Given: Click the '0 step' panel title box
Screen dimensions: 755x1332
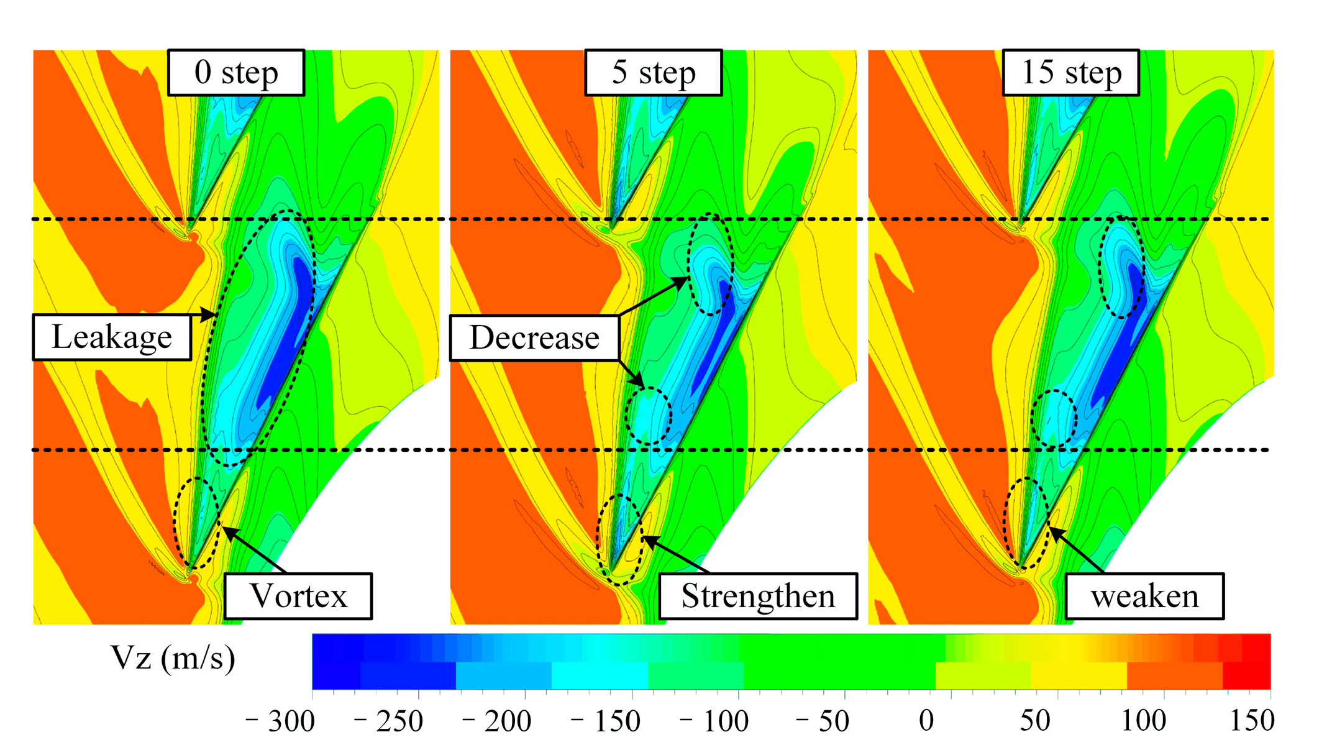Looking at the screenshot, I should tap(236, 73).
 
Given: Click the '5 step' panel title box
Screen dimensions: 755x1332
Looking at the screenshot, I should tap(654, 73).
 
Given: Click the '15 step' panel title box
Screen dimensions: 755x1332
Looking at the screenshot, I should tap(1071, 73).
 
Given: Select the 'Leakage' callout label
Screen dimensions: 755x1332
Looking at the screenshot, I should tap(112, 337).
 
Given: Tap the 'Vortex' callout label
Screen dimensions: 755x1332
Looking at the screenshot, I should tap(298, 596).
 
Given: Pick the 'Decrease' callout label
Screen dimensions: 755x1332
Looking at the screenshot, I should tap(534, 337).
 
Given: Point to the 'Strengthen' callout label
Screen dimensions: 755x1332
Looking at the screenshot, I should tap(758, 596).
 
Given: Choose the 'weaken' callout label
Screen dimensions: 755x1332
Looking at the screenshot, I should tap(1145, 596).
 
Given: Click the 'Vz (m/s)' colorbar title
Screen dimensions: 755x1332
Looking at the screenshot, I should tap(173, 657).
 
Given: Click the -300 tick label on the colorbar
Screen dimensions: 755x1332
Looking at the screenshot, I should tap(281, 721).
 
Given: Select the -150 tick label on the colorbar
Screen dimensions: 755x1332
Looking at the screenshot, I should tap(606, 721).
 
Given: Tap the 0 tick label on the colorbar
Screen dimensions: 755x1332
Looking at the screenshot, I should tap(926, 721).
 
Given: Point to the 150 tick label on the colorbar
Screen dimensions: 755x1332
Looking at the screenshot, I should tap(1252, 721).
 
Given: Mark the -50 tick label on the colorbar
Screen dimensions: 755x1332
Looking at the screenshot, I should tap(823, 721).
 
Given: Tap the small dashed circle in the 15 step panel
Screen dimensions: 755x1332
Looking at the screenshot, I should tap(1054, 418).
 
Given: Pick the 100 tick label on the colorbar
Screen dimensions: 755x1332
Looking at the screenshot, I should tap(1144, 721).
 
